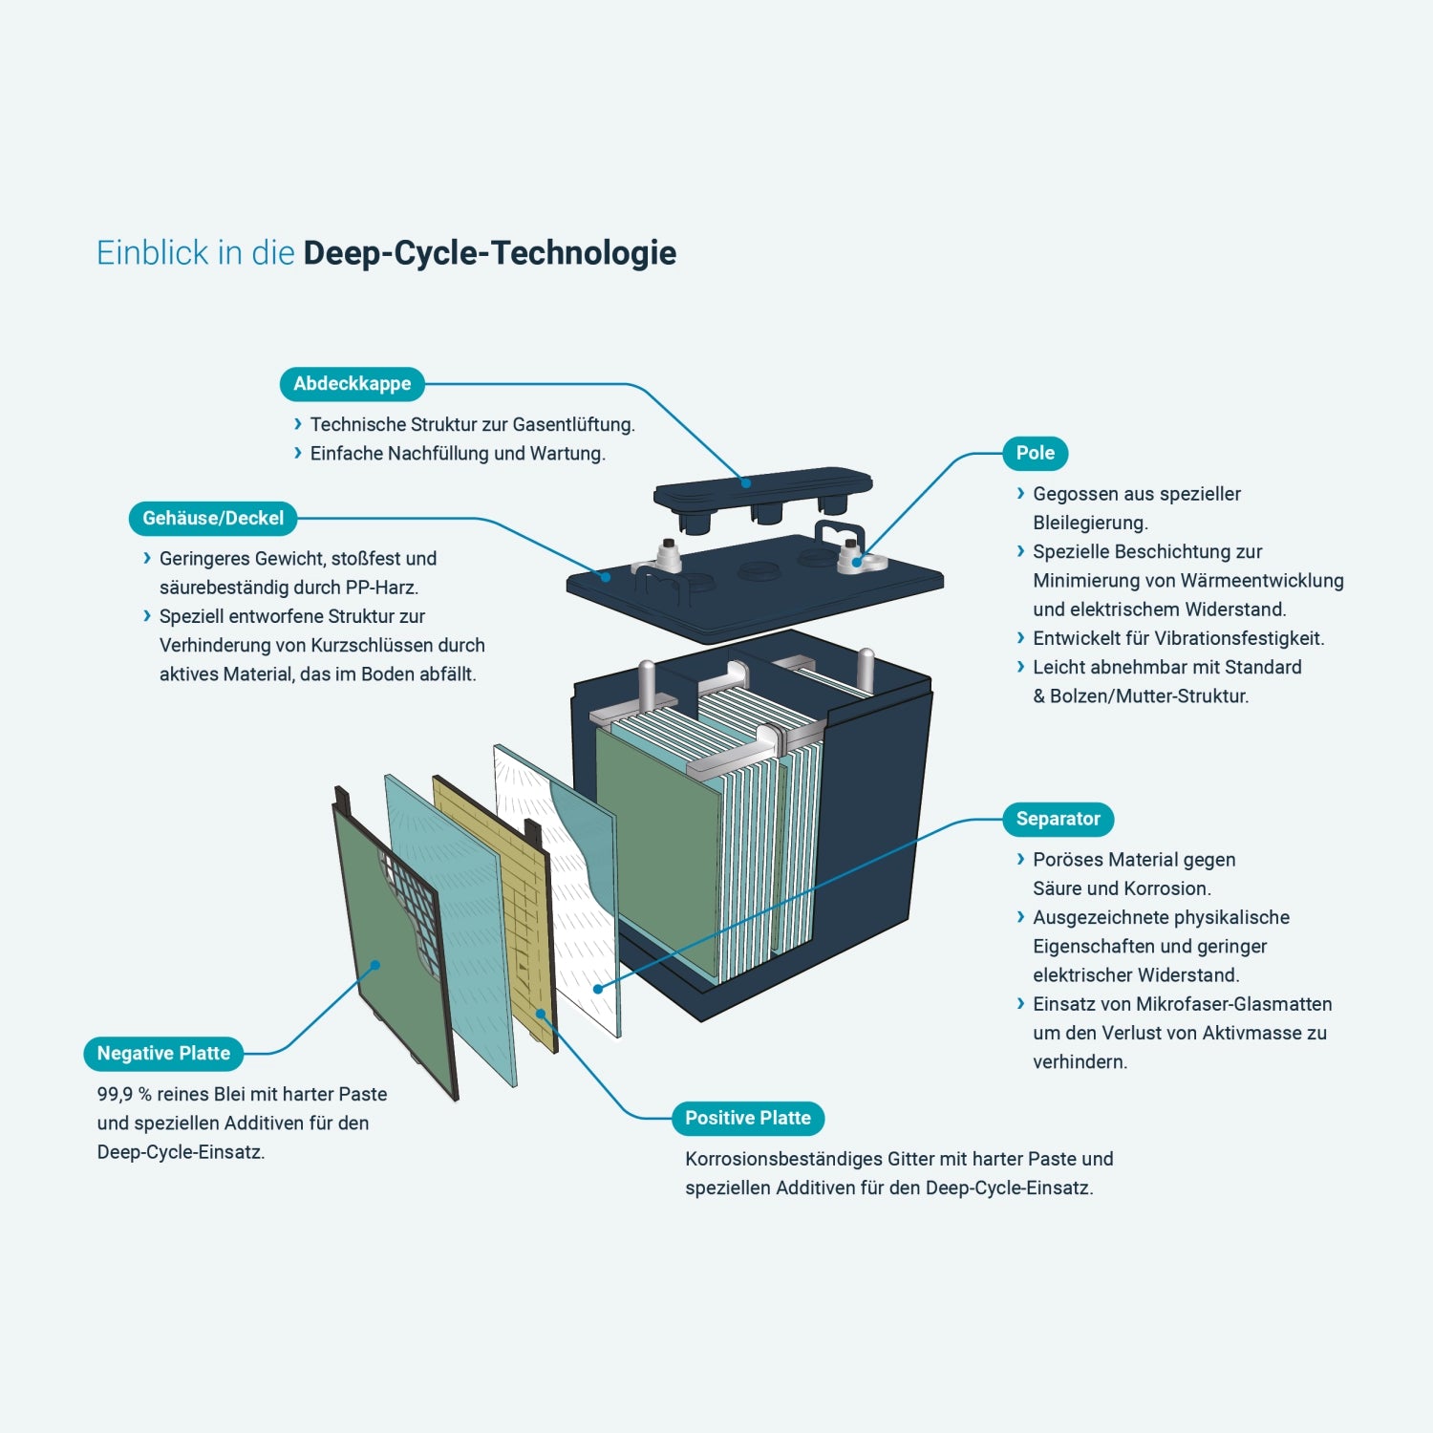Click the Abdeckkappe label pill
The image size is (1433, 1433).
(x=352, y=384)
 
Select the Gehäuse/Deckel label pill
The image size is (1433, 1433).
(x=213, y=519)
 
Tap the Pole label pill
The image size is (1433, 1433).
(x=1036, y=454)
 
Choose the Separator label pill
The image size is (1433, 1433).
(x=1059, y=820)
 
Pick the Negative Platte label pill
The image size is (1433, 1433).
(x=163, y=1054)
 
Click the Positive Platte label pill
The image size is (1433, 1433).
(x=748, y=1119)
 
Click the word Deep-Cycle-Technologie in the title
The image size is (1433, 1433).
(x=490, y=253)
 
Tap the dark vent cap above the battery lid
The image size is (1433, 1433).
(x=762, y=499)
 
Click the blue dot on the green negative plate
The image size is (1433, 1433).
(x=375, y=965)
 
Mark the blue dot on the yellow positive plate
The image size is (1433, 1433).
(x=541, y=1014)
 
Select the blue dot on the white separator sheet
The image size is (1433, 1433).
(x=598, y=989)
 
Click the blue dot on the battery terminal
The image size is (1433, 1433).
(x=857, y=562)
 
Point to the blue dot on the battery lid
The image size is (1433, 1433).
(x=606, y=577)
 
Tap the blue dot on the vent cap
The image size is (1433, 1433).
(x=746, y=482)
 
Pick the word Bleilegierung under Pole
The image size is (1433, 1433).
(x=1090, y=524)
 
